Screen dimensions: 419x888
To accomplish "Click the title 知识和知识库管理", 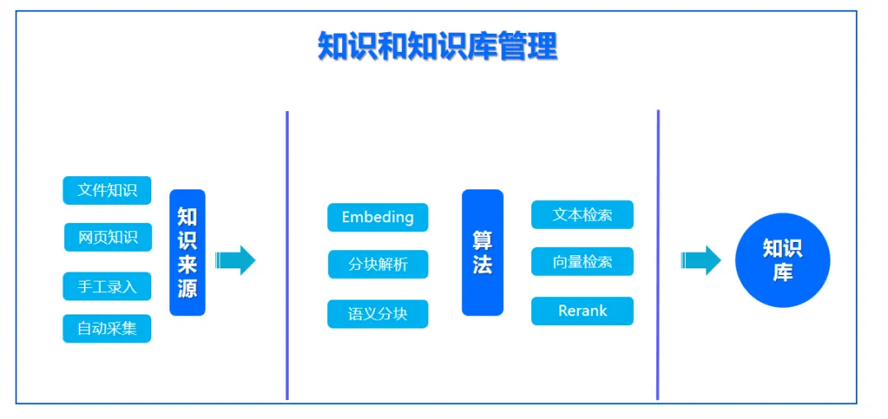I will pos(437,46).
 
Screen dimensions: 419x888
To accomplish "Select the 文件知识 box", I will pos(107,190).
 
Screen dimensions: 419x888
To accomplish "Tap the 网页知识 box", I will pos(108,237).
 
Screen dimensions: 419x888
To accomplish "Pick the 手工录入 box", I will pos(107,286).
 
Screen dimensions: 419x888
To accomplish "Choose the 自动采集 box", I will pos(107,329).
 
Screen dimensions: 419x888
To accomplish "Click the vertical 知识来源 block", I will pos(187,253).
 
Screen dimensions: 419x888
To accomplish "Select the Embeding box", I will pos(377,217).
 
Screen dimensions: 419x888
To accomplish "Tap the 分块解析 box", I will pos(377,264).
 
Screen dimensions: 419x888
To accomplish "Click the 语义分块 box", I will pos(377,314).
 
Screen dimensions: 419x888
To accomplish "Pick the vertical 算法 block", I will pos(482,253).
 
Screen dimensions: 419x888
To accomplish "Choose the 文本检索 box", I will pos(582,215).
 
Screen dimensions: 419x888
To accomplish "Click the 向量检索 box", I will pos(582,262).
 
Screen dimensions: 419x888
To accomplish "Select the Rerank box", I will pos(582,311).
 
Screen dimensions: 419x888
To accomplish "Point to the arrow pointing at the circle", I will pos(701,260).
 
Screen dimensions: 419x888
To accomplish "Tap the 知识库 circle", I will pos(782,260).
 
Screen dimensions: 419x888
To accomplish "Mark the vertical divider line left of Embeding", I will pos(287,255).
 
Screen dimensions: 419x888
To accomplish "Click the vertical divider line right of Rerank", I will pos(658,255).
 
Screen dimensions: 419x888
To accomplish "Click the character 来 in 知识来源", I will pos(187,265).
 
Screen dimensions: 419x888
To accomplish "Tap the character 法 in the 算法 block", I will pos(482,265).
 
